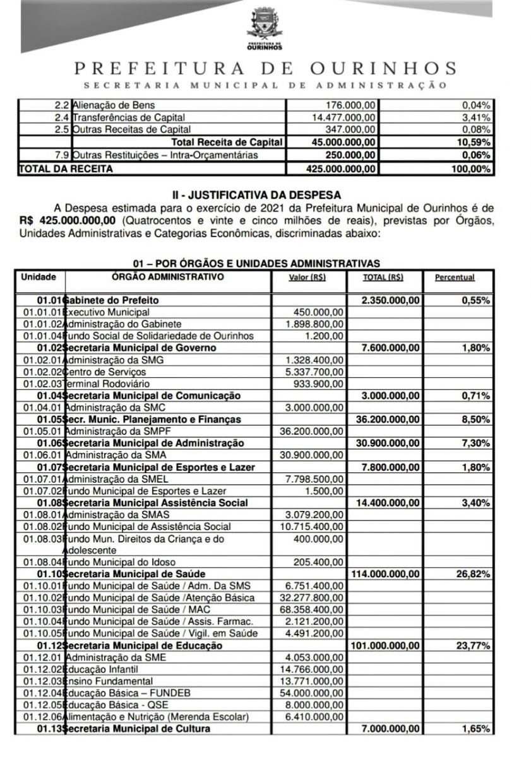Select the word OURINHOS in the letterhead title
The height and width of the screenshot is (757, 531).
pos(383,68)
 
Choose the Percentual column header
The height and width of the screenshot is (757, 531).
pos(455,278)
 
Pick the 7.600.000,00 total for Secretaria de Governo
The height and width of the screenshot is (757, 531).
pos(391,348)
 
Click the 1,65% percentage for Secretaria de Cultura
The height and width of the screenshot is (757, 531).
pos(476,729)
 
